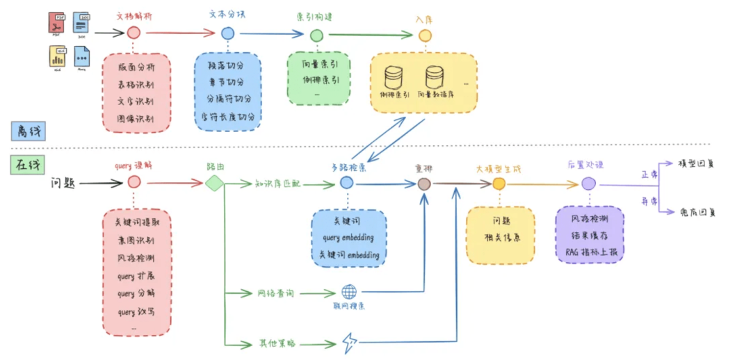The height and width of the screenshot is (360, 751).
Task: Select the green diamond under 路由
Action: (x=214, y=183)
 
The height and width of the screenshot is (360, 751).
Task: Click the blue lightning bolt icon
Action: (x=348, y=343)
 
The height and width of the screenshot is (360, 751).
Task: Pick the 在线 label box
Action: (x=26, y=165)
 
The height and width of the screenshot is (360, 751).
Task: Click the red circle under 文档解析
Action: (x=134, y=32)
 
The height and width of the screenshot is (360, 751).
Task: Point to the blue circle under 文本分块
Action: (x=227, y=33)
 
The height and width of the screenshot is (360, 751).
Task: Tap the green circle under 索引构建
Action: (x=316, y=34)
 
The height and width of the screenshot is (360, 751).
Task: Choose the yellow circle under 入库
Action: (x=425, y=35)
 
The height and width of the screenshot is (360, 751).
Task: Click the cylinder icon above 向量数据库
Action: (x=435, y=76)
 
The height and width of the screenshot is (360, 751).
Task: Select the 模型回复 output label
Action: (x=697, y=164)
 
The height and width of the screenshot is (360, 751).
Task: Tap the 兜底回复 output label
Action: (x=697, y=212)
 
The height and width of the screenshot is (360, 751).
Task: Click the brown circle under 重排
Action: (x=424, y=183)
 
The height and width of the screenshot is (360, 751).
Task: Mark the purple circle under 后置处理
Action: (x=588, y=183)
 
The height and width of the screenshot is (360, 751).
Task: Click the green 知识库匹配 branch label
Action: (x=280, y=183)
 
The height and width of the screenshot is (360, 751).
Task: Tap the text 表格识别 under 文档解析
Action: (x=136, y=85)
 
